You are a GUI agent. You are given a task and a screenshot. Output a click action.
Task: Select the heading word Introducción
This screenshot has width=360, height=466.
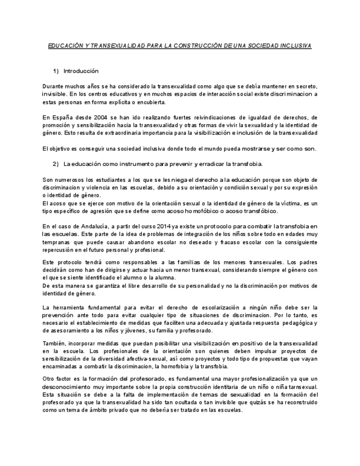[x=81, y=71]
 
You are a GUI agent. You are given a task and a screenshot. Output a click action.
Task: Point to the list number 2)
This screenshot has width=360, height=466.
[x=56, y=164]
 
